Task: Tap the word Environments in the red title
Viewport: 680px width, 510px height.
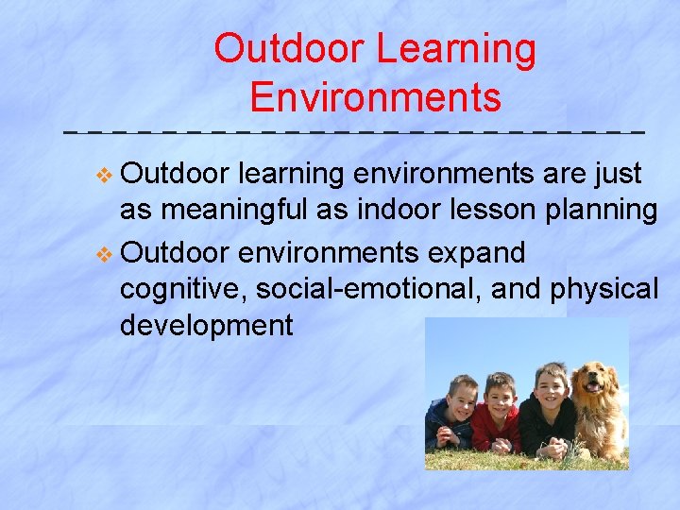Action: click(x=375, y=97)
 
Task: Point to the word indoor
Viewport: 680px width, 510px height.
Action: click(x=402, y=211)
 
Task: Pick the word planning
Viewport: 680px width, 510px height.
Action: click(x=606, y=212)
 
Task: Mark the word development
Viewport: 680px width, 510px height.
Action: click(x=207, y=326)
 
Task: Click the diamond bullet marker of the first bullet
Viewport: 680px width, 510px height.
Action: click(x=105, y=175)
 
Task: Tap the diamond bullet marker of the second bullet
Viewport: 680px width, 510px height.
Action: click(x=105, y=253)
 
